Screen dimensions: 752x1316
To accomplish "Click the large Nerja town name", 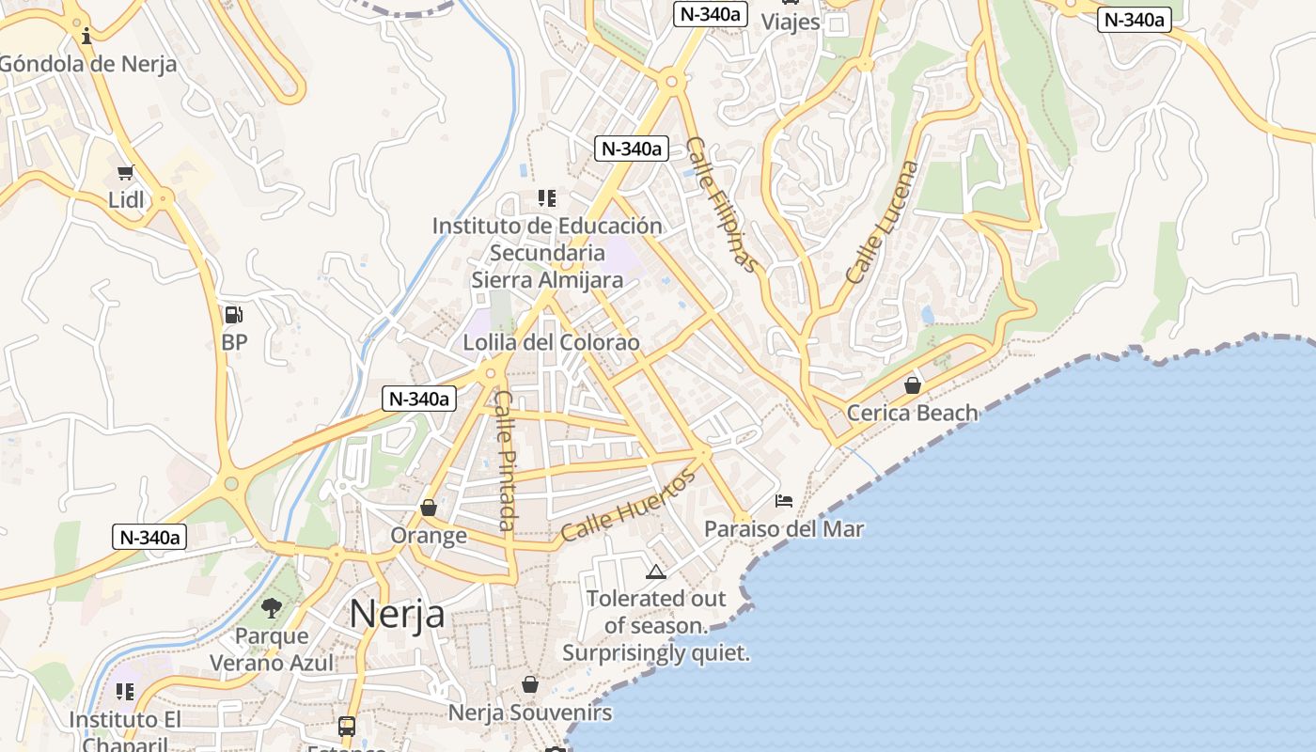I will pos(397,614).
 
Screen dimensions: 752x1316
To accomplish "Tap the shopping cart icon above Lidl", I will pos(126,172).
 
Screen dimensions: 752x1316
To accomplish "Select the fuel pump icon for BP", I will pos(234,315).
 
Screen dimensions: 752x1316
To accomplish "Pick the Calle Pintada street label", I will pos(505,461).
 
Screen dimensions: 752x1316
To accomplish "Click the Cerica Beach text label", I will pos(912,413).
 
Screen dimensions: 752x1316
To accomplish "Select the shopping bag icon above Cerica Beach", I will pos(912,385).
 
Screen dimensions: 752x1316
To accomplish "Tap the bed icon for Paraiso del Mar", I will pos(784,501).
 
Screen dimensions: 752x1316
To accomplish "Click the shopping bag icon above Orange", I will pos(429,508).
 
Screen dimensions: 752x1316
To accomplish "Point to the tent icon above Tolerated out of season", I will pos(655,572).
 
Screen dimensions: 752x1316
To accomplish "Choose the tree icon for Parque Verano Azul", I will pos(272,608).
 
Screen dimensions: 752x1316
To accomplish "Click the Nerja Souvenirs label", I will pos(529,713).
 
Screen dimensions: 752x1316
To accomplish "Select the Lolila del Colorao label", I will pos(551,342).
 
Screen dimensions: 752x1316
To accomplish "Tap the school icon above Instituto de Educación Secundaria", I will pos(547,197).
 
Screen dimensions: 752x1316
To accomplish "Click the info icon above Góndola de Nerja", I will pos(87,37).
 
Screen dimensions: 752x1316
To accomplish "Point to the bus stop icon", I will pos(347,726).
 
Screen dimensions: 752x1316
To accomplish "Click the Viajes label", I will pos(790,22).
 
